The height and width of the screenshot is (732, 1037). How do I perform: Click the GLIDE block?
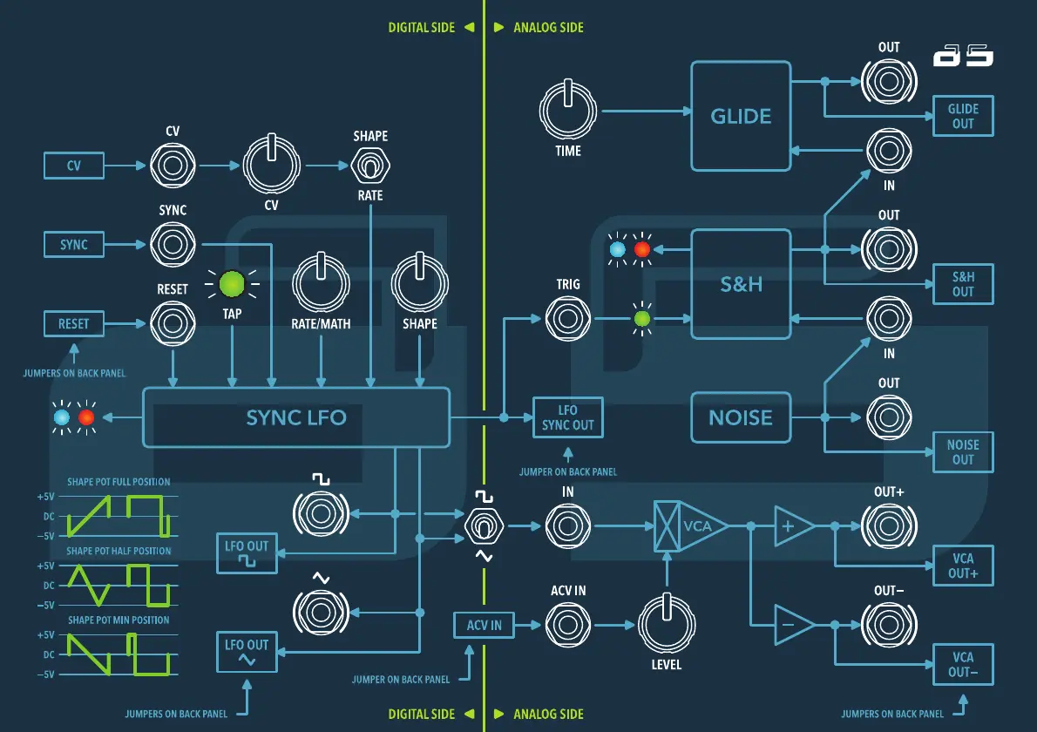tap(741, 116)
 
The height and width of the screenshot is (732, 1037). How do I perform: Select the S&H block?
tap(741, 284)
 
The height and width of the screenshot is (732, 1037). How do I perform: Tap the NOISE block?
tap(741, 417)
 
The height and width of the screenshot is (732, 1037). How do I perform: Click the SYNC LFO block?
tap(295, 417)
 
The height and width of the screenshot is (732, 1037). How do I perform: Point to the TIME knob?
tap(568, 112)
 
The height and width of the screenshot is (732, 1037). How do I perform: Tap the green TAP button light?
tap(232, 284)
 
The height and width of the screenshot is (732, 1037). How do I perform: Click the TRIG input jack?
tap(568, 319)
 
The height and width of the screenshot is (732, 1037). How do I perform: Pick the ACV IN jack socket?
tap(568, 625)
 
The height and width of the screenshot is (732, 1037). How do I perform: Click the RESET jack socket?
tap(173, 323)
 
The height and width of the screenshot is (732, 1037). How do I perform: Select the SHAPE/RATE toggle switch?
tap(370, 164)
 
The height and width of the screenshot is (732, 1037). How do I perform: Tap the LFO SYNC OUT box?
tap(568, 417)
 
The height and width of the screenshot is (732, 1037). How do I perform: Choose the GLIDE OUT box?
tap(963, 116)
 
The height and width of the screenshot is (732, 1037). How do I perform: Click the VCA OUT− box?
tap(963, 664)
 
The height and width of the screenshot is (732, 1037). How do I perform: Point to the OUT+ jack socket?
tap(889, 526)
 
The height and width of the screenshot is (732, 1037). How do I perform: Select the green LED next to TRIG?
tap(642, 319)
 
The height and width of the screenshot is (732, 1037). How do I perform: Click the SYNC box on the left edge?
tap(74, 244)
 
